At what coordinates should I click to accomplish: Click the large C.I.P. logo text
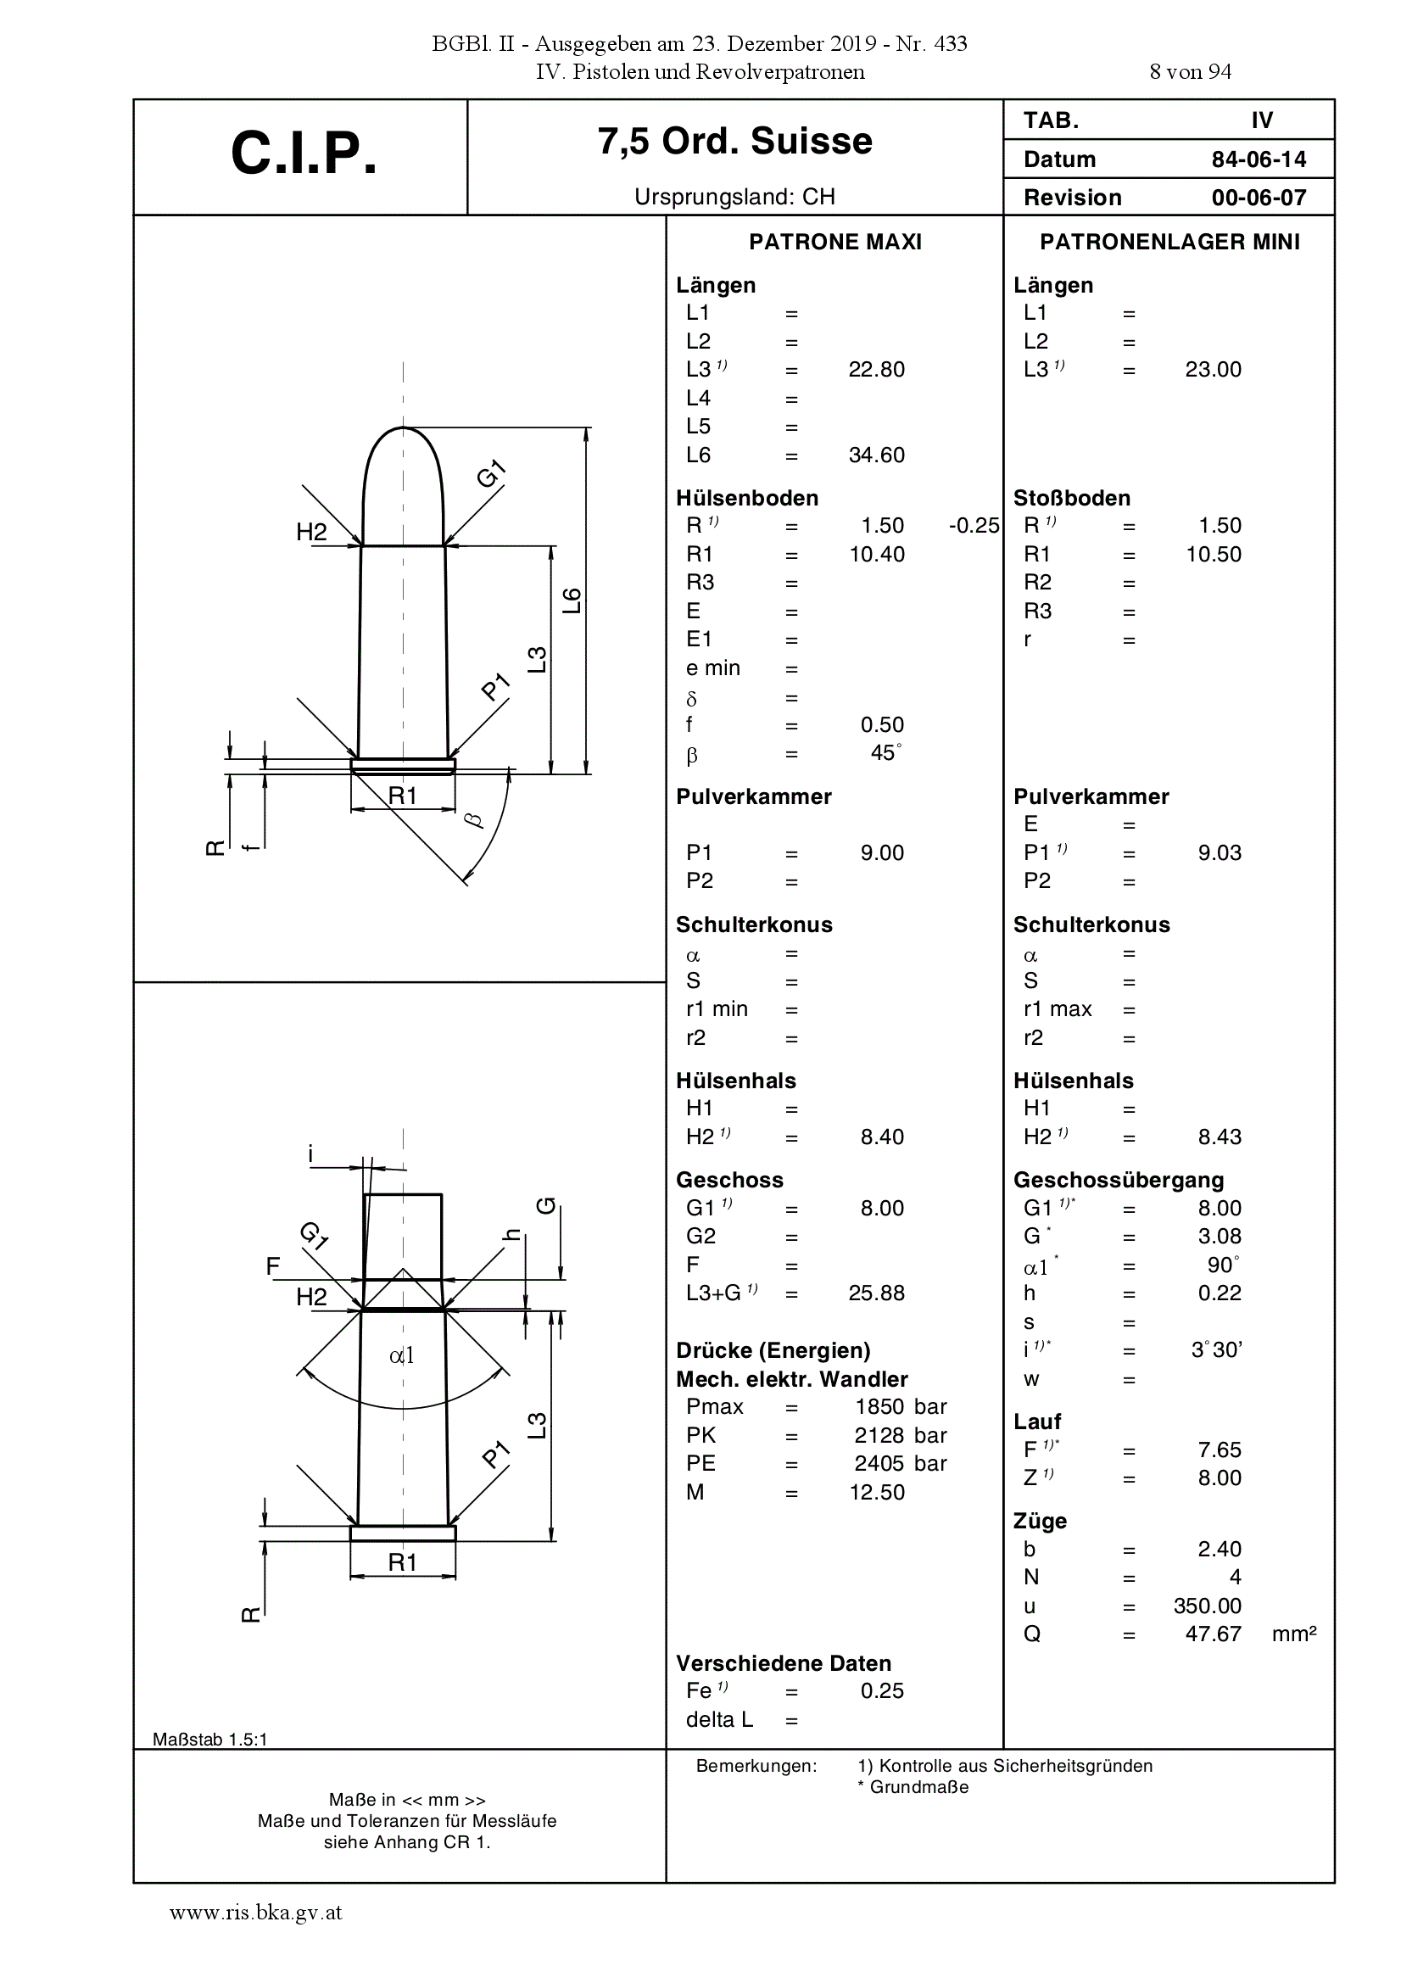coord(304,154)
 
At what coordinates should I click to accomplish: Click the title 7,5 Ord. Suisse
coord(735,141)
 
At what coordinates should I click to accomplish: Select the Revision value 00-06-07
coord(1259,198)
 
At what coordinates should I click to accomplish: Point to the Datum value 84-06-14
coord(1259,159)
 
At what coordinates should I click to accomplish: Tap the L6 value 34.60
coord(877,455)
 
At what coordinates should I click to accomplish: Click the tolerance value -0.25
coord(974,526)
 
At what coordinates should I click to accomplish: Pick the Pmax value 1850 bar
coord(901,1407)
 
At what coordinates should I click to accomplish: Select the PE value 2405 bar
coord(901,1464)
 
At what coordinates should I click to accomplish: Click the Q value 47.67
coord(1213,1634)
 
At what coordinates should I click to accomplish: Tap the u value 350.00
coord(1208,1606)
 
